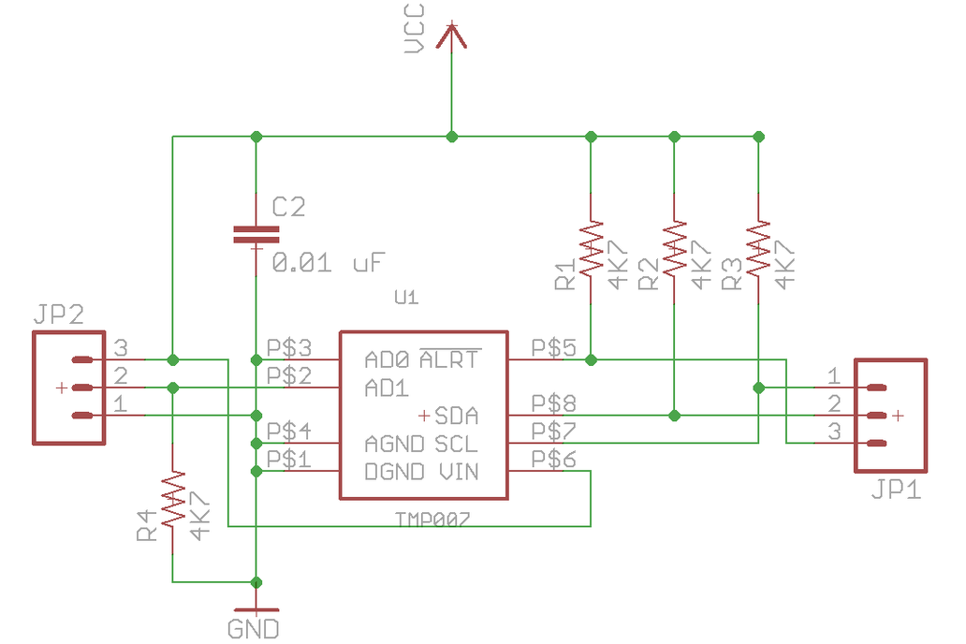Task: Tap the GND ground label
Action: pyautogui.click(x=254, y=628)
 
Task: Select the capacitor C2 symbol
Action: pyautogui.click(x=256, y=234)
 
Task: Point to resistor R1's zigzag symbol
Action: pyautogui.click(x=591, y=249)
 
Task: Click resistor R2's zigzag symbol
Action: pyautogui.click(x=674, y=249)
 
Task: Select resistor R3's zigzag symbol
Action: pyautogui.click(x=758, y=248)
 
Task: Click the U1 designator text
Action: pyautogui.click(x=405, y=299)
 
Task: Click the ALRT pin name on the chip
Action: pyautogui.click(x=449, y=359)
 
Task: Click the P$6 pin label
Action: pyautogui.click(x=553, y=459)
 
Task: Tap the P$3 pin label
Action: pyautogui.click(x=289, y=347)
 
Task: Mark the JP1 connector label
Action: pyautogui.click(x=896, y=489)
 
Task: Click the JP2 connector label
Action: pyautogui.click(x=58, y=315)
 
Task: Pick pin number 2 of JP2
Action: pyautogui.click(x=120, y=376)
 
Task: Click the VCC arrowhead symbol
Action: pyautogui.click(x=452, y=35)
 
